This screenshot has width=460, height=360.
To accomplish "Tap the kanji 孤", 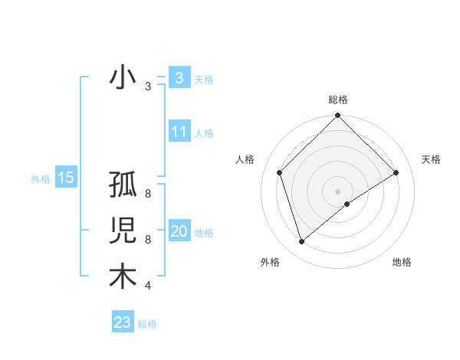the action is click(123, 186).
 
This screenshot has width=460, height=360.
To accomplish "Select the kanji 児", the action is click(123, 231).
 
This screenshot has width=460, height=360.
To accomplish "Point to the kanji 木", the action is click(123, 277).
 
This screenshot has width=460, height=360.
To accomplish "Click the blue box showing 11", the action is click(179, 132).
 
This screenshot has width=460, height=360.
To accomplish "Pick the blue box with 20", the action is click(179, 231).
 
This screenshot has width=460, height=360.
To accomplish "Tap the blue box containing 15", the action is click(66, 178).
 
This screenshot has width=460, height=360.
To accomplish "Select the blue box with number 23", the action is click(123, 322).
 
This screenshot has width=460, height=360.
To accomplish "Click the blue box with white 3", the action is click(179, 77).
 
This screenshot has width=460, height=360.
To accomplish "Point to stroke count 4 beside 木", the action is click(147, 286).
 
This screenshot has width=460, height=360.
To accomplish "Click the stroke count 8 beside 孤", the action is click(147, 194).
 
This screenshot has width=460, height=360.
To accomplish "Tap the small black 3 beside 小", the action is click(147, 87).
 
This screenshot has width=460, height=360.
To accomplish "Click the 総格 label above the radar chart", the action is click(337, 100).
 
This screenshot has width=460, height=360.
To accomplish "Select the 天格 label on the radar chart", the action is click(431, 159).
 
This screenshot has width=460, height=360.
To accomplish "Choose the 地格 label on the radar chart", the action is click(402, 262).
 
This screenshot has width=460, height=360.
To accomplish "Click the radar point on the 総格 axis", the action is click(337, 116).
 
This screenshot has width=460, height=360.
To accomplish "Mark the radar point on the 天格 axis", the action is click(396, 172).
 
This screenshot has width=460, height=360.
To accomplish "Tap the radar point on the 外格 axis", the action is click(302, 242).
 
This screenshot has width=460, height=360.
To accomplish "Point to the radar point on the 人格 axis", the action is click(280, 172).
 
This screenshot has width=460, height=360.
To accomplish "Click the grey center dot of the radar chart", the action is click(337, 191).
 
